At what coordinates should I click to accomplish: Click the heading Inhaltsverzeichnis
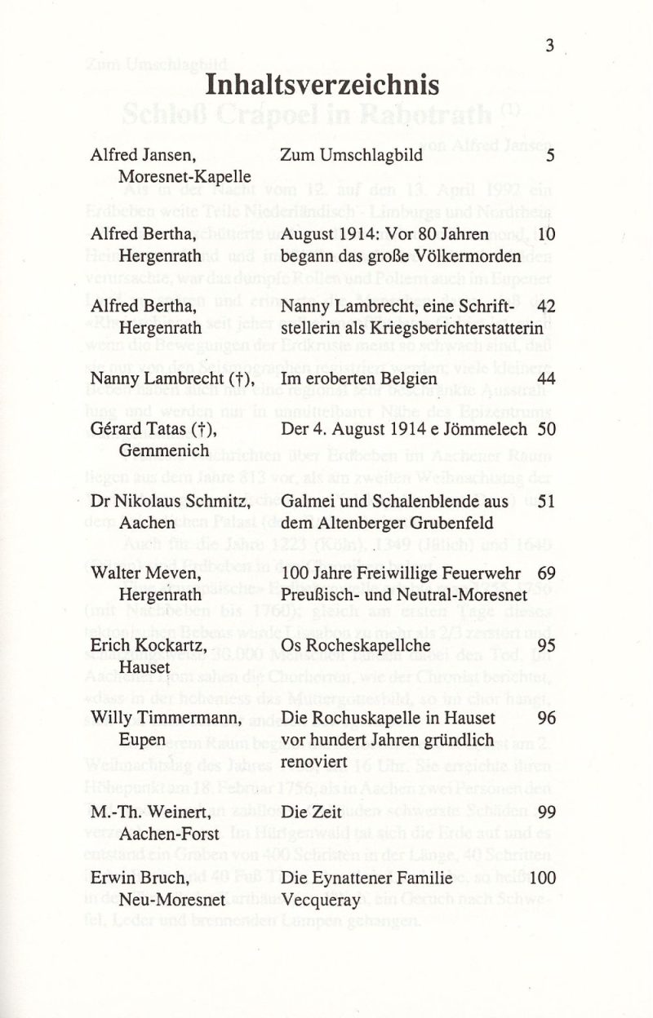point(322,85)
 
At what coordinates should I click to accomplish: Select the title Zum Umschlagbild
point(351,155)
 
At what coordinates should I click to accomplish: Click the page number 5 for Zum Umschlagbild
point(550,155)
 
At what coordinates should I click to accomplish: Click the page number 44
point(546,379)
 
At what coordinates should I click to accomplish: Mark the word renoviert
point(314,761)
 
